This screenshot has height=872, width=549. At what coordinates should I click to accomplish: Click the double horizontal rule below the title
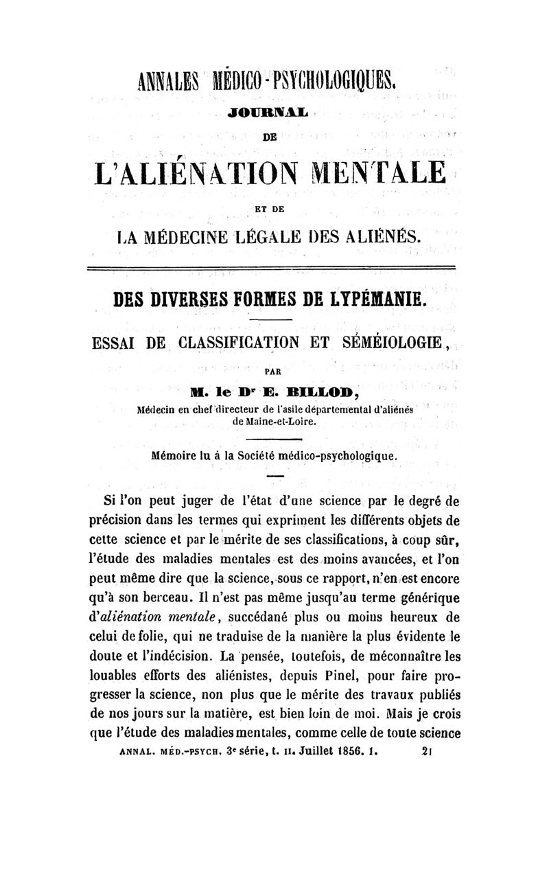point(274,266)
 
